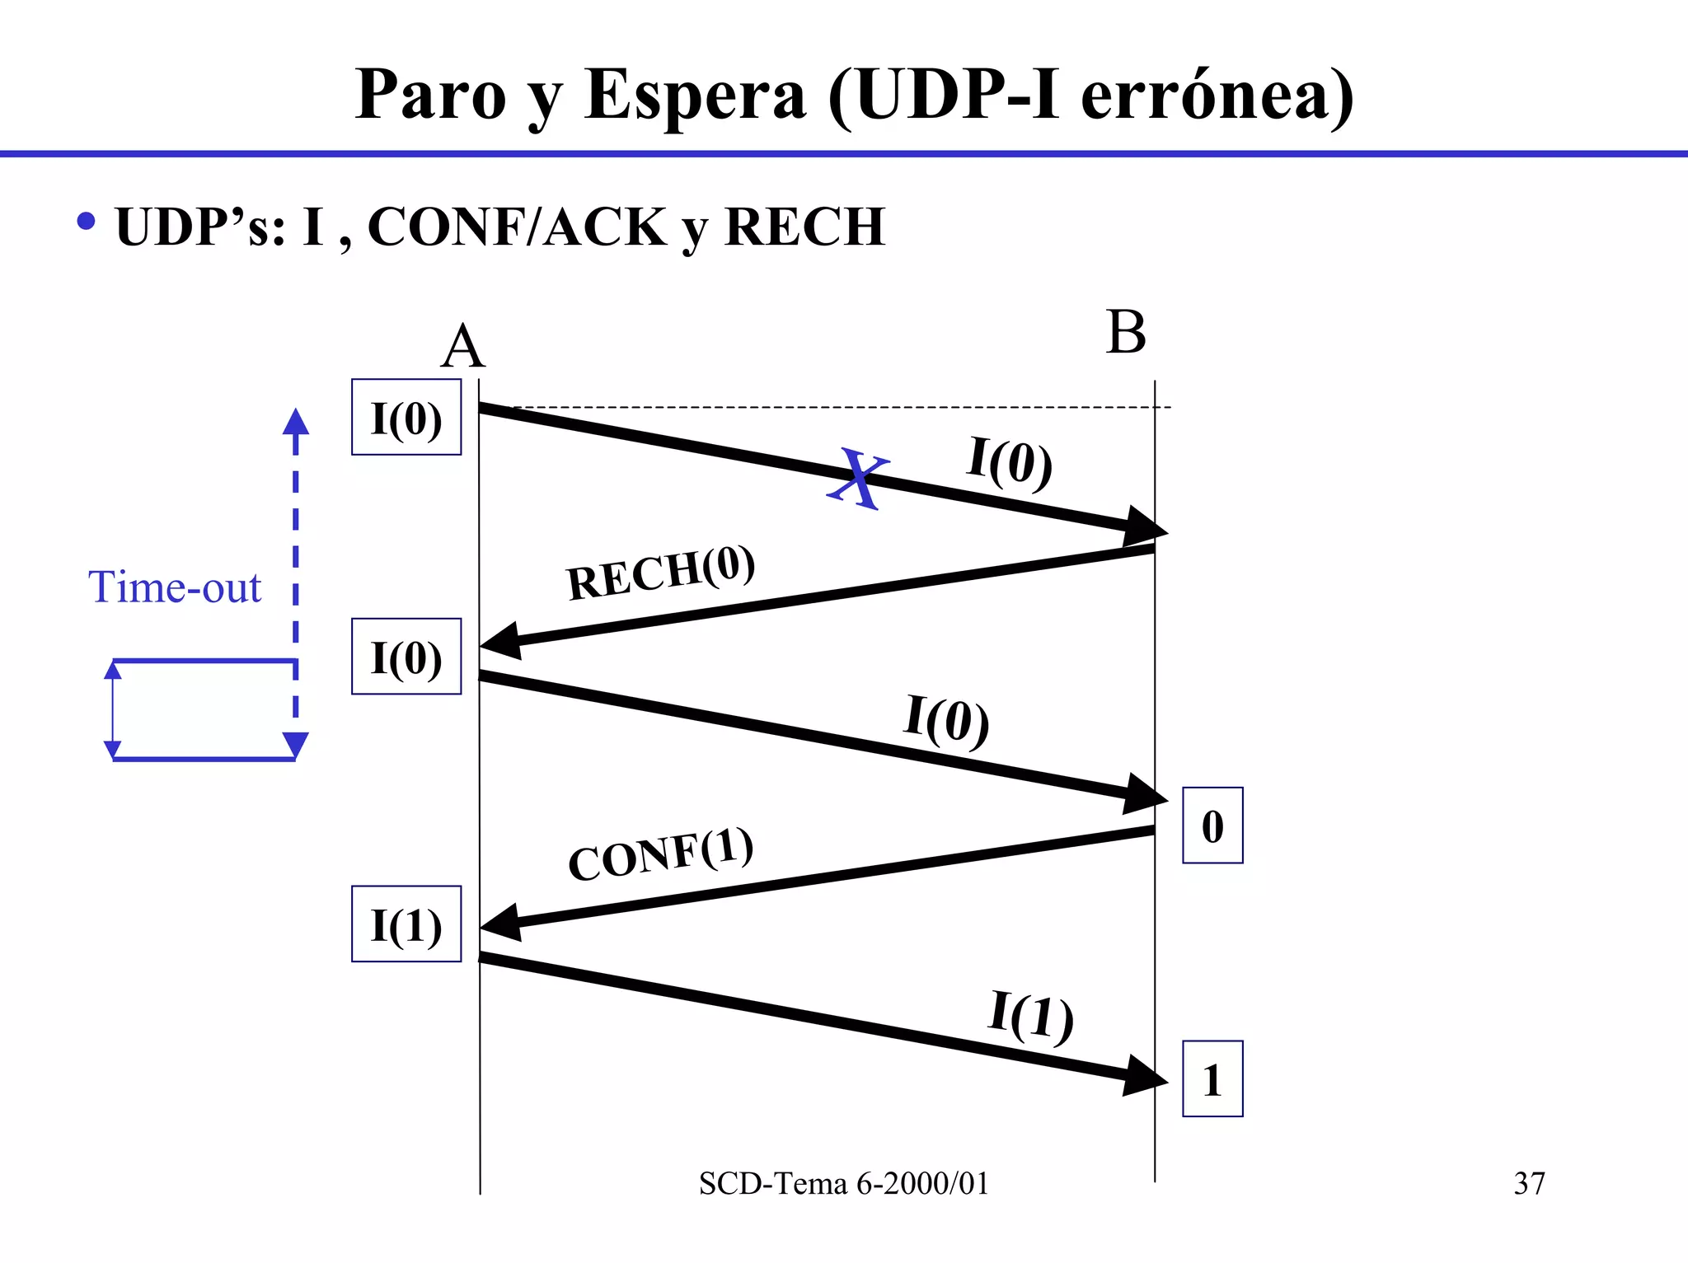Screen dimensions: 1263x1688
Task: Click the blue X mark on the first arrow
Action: pos(857,478)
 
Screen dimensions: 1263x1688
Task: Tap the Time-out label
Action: pos(174,587)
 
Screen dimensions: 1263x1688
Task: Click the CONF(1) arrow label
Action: pos(660,854)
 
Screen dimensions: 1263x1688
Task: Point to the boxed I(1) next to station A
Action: pos(406,924)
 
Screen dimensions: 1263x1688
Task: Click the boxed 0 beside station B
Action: pos(1212,826)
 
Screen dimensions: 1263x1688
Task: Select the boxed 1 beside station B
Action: pos(1212,1079)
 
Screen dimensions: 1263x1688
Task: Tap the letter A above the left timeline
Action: pos(462,347)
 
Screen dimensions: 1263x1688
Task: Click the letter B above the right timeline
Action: pos(1126,333)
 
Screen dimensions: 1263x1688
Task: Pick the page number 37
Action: pos(1529,1183)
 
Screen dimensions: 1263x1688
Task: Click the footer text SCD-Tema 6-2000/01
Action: pos(843,1183)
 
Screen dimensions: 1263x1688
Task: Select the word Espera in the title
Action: pos(694,96)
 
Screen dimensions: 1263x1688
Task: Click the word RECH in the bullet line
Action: pos(804,227)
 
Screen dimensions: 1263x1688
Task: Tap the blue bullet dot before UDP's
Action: pos(86,221)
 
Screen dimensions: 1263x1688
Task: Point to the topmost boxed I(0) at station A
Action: pos(406,418)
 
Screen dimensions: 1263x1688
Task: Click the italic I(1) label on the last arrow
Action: pos(1030,1016)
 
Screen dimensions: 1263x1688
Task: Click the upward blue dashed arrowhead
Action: pos(296,421)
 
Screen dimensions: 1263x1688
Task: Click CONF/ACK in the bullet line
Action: pos(517,227)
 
